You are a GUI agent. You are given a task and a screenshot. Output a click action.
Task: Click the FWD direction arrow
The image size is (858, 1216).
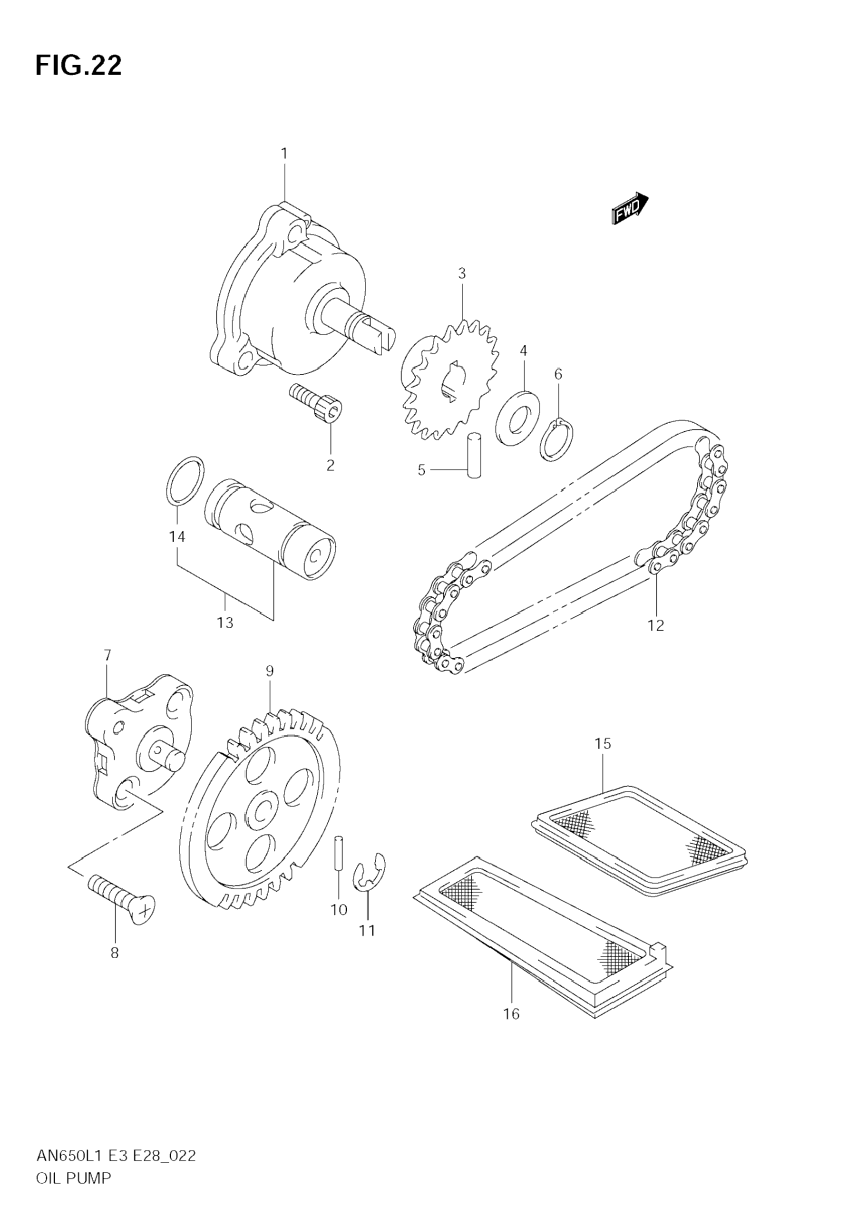(629, 209)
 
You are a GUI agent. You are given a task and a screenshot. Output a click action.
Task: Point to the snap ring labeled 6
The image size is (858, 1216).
(556, 439)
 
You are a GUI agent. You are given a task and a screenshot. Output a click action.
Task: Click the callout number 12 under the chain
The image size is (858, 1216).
(656, 625)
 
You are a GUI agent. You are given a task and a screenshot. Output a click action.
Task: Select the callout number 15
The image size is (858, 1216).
(603, 744)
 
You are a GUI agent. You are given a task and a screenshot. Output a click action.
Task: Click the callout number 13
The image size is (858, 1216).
(224, 623)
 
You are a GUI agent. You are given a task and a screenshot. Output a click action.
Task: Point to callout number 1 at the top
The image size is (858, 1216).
(284, 154)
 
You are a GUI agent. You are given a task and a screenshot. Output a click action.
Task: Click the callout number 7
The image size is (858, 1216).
(107, 656)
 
